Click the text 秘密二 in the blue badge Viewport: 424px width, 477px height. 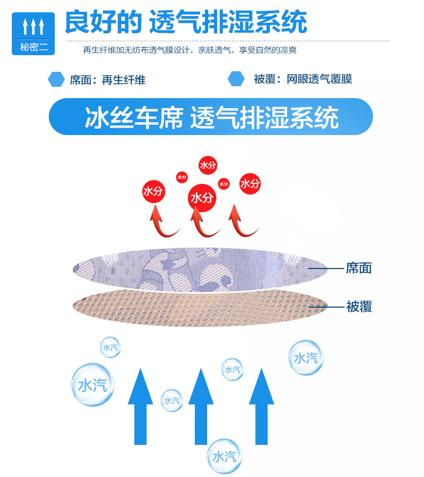point(33,47)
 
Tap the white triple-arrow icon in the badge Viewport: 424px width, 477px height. point(33,26)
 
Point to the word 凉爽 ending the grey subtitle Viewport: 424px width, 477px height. point(287,50)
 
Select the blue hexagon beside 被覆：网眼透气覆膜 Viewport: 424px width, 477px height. point(236,79)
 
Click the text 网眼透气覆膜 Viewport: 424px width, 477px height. point(319,80)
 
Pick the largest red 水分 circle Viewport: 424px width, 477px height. point(202,198)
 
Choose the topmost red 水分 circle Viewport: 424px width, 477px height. point(207,165)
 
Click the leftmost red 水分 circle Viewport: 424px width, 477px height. point(153,191)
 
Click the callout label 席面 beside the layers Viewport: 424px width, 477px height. point(359,268)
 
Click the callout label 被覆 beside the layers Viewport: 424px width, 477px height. point(359,307)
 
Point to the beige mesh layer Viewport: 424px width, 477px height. point(199,308)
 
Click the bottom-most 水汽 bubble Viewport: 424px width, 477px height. point(224,457)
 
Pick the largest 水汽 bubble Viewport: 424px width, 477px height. point(92,384)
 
